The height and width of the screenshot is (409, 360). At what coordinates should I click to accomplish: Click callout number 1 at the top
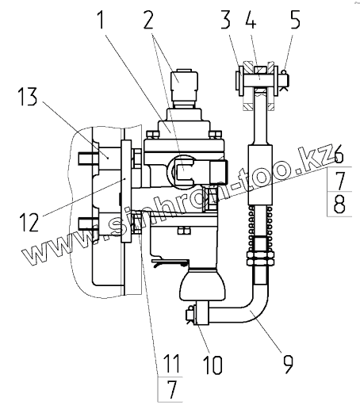coord(101,18)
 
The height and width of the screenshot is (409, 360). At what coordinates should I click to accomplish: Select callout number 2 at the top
coord(149,18)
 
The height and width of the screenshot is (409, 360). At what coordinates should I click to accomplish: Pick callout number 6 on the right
coord(339,156)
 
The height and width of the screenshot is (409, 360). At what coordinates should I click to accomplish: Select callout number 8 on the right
coord(339,204)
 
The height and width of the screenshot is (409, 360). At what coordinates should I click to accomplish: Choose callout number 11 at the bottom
coord(172,363)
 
